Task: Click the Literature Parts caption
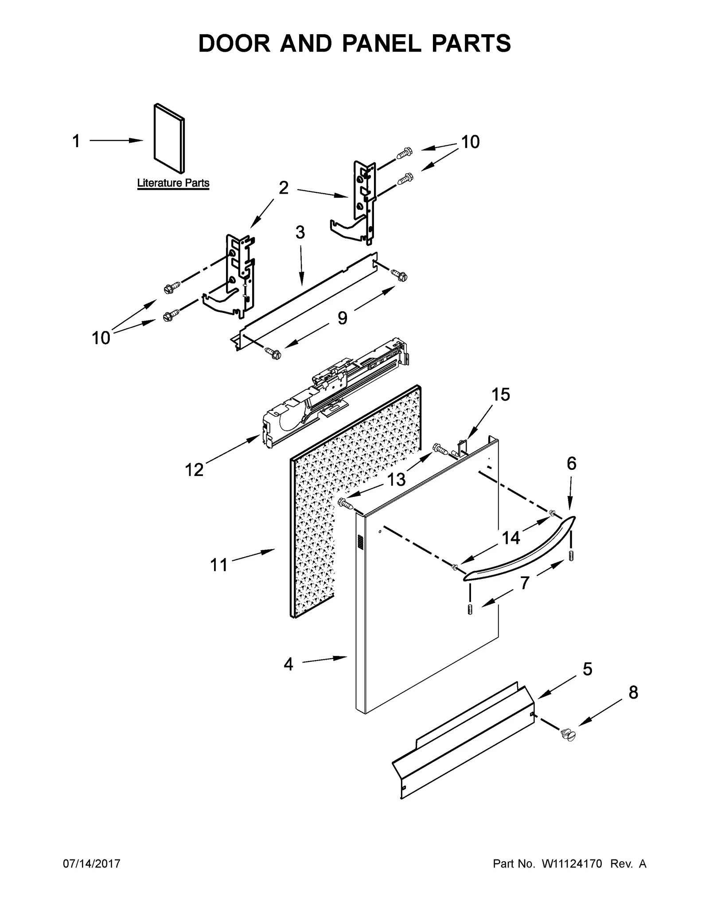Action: (x=173, y=183)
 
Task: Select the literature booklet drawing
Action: (x=169, y=138)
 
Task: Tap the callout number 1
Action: (x=76, y=141)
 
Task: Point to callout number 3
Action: (x=300, y=232)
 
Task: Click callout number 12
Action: (x=194, y=470)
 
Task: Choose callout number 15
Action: (x=501, y=394)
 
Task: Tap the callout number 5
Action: (x=587, y=669)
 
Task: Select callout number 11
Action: (x=218, y=565)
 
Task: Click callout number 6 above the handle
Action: (x=571, y=464)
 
